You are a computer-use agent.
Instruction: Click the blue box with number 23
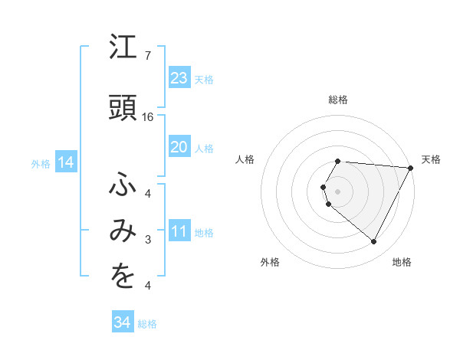(179, 78)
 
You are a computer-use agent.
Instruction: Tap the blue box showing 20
(179, 147)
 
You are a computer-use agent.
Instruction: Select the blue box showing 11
(179, 231)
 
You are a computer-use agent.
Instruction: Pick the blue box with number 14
(65, 162)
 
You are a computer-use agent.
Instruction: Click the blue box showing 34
(122, 323)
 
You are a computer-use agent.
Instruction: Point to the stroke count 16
(149, 117)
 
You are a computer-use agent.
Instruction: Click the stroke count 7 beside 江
(147, 56)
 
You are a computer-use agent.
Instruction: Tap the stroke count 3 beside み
(147, 241)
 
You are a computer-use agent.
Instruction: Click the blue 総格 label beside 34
(147, 324)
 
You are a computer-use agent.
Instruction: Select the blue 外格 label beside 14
(41, 163)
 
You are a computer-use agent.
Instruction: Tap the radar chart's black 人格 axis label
(245, 159)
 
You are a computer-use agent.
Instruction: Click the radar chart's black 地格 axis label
(402, 262)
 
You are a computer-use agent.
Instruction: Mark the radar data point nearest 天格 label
(411, 168)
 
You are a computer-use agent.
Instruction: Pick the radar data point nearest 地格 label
(374, 242)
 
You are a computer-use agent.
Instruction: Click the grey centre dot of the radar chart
(337, 190)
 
